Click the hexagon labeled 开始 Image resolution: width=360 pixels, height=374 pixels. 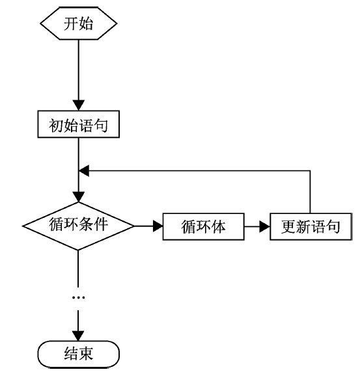78,23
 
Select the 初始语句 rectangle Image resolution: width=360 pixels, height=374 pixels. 78,124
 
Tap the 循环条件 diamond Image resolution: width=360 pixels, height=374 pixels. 78,226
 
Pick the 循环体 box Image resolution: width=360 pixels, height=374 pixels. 203,226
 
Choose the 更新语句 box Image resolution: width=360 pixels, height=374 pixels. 311,226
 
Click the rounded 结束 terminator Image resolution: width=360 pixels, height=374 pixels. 78,354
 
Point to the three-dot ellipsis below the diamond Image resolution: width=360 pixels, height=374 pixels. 78,297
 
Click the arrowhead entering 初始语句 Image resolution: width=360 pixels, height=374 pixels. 78,105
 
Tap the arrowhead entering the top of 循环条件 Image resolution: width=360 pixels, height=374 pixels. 78,197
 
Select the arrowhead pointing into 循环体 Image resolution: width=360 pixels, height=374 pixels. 158,226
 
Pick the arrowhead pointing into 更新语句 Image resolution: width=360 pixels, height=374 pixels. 265,226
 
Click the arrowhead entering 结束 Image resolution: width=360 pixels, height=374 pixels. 78,336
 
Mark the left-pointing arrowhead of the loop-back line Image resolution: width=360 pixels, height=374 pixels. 84,171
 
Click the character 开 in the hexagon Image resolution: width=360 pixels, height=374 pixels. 71,23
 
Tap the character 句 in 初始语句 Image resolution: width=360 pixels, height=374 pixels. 100,125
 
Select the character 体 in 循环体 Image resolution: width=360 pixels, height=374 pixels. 218,226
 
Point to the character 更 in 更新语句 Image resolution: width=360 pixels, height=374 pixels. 288,226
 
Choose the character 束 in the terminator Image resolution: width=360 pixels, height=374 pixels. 86,354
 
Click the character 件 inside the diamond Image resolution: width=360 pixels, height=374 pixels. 100,224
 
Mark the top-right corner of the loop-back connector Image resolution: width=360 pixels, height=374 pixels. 311,171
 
